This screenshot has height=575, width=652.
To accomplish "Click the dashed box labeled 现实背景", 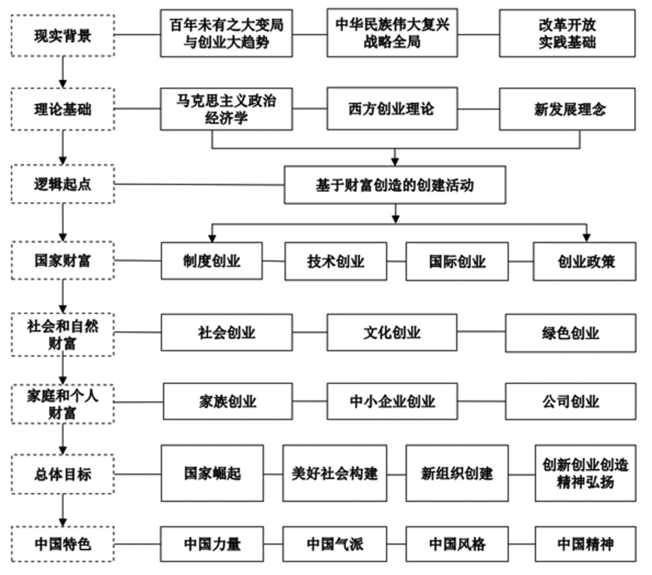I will point(63,36).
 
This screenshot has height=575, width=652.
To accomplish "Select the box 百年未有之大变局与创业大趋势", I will point(226,33).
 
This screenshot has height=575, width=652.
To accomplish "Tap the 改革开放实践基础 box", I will point(567,33).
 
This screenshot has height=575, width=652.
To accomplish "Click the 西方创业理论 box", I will point(392,109).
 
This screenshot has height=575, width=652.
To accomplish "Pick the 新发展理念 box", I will point(567,109).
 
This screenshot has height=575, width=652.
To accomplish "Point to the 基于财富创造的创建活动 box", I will point(395,185).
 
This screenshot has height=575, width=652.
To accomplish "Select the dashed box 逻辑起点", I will point(63,185).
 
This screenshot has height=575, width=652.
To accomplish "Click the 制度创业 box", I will point(211,261).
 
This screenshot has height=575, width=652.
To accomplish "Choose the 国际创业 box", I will point(457,261).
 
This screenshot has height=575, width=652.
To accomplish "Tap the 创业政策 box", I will point(584,261).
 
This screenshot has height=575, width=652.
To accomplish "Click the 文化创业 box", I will point(392,332).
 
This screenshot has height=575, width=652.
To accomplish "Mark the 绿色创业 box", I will point(570,332).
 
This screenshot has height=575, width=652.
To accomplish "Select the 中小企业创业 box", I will point(392,401).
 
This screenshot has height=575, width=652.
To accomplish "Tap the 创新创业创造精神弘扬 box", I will point(584,473).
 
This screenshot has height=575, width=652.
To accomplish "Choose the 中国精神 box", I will point(584,544).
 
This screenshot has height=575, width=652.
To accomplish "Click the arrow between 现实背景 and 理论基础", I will point(63,72).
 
